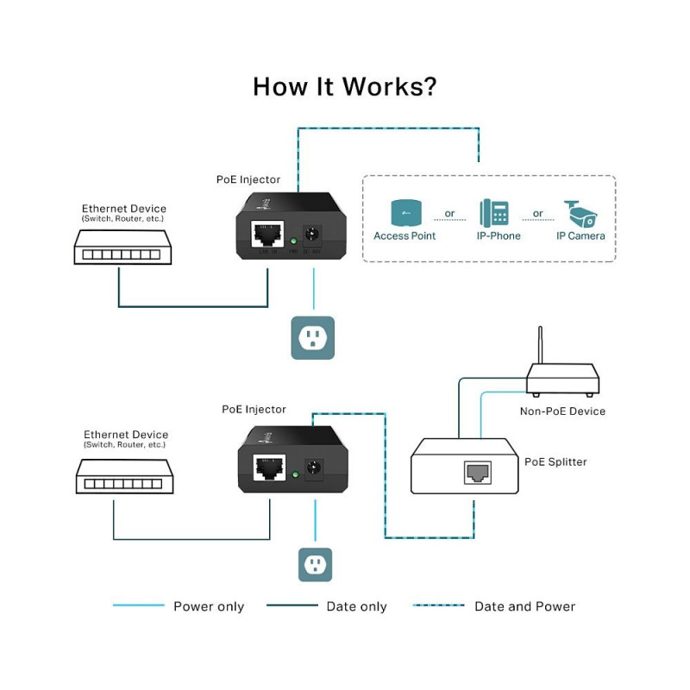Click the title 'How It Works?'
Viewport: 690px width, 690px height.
point(344,87)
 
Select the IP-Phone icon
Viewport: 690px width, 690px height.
point(494,212)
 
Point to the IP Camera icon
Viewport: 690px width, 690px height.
point(580,212)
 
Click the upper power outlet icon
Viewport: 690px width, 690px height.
point(312,337)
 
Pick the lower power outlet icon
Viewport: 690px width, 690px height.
point(315,565)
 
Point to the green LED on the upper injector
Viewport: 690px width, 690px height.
point(293,242)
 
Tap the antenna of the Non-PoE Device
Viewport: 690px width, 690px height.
point(541,345)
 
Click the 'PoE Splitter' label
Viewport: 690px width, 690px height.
point(555,462)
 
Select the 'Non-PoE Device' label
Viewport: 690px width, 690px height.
point(562,411)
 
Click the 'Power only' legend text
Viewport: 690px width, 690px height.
point(209,606)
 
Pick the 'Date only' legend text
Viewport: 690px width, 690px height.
point(356,606)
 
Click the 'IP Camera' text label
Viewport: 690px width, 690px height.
point(580,235)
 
